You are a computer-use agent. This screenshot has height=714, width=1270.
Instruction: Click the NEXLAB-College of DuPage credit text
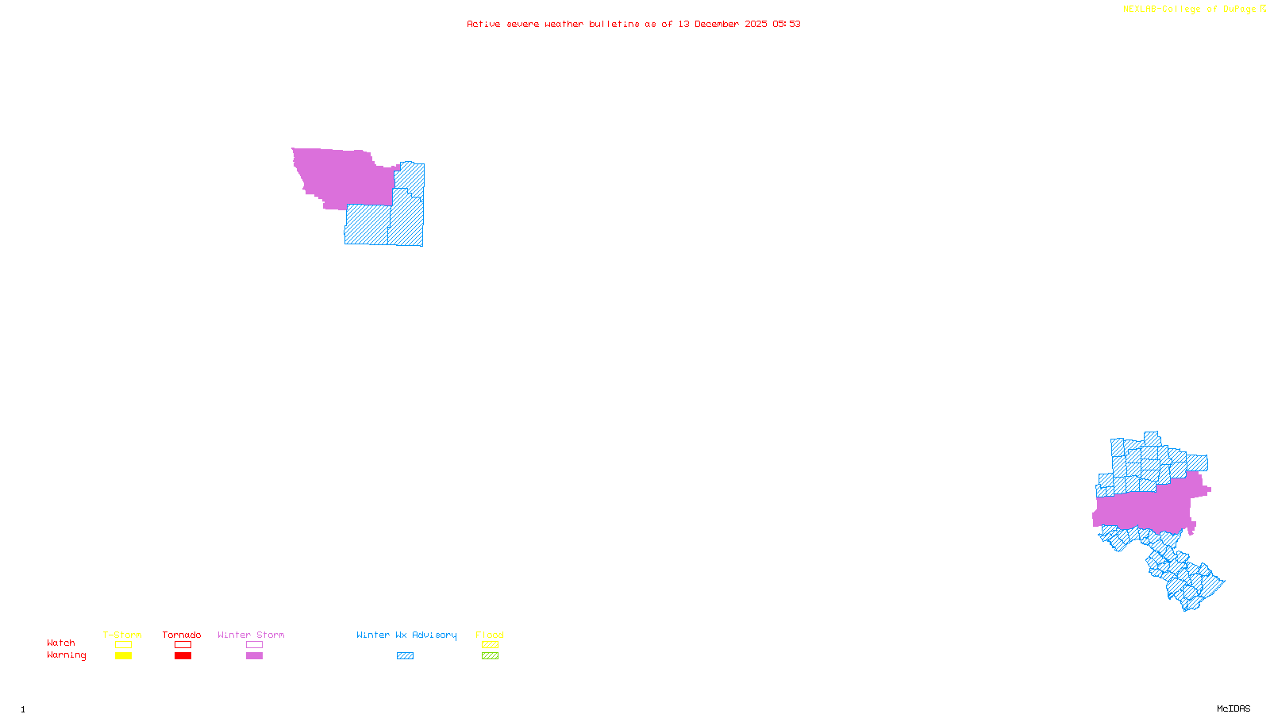pyautogui.click(x=1190, y=10)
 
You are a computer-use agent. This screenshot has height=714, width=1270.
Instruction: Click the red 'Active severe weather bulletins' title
pyautogui.click(x=633, y=24)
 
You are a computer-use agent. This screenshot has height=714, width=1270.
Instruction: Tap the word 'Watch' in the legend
pyautogui.click(x=61, y=643)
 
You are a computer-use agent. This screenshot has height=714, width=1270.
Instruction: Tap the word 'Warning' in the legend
pyautogui.click(x=67, y=655)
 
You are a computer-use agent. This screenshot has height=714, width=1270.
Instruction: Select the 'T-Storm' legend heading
pyautogui.click(x=122, y=635)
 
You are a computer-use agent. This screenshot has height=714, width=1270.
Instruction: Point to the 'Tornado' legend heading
pyautogui.click(x=182, y=635)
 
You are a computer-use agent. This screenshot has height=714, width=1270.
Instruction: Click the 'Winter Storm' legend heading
pyautogui.click(x=251, y=635)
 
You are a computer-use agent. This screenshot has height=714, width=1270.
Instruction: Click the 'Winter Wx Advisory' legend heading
pyautogui.click(x=406, y=635)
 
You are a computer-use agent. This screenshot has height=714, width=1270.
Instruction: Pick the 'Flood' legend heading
pyautogui.click(x=490, y=635)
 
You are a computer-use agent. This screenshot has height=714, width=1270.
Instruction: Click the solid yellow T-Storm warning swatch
pyautogui.click(x=123, y=656)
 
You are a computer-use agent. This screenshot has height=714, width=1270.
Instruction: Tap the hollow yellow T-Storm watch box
pyautogui.click(x=123, y=645)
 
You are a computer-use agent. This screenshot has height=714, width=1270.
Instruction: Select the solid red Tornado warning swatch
pyautogui.click(x=183, y=656)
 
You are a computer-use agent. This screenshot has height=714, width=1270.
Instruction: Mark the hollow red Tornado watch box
pyautogui.click(x=183, y=645)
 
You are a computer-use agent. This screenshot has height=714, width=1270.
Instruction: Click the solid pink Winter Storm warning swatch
pyautogui.click(x=255, y=656)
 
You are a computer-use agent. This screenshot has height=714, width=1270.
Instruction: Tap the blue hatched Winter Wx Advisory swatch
pyautogui.click(x=406, y=656)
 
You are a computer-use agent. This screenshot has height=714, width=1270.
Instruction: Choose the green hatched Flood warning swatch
pyautogui.click(x=491, y=656)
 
